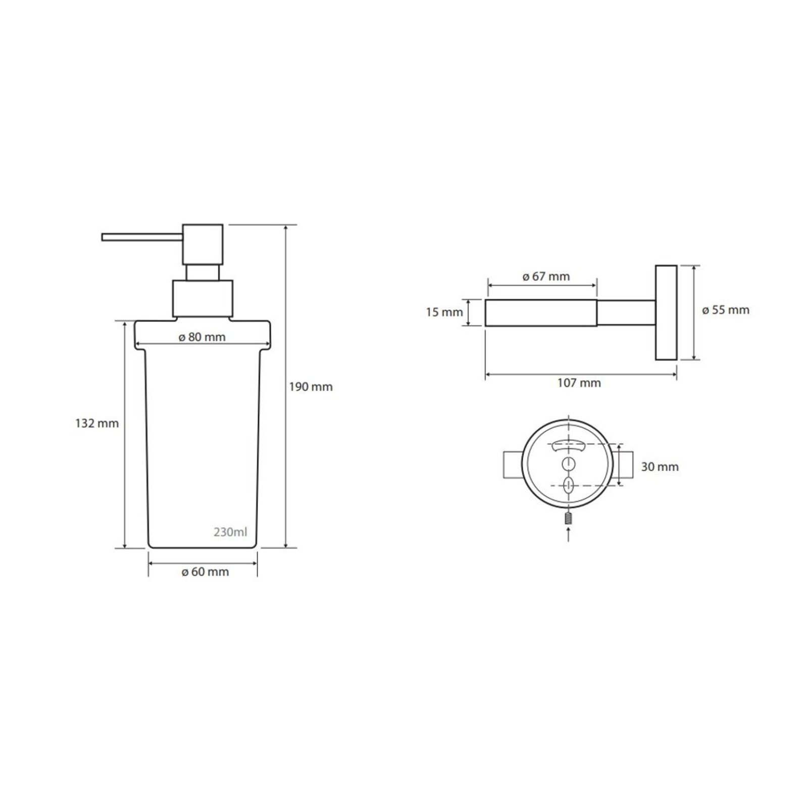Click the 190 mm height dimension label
coord(311,387)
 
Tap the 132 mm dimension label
coord(97,423)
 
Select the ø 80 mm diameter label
coord(202,337)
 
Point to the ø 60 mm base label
coord(205,572)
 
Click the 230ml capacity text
coord(230,532)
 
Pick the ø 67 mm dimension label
coord(546,277)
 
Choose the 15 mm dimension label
coord(444,313)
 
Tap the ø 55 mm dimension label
coord(726,310)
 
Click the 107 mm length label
coord(579,383)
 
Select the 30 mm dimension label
coord(660,467)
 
